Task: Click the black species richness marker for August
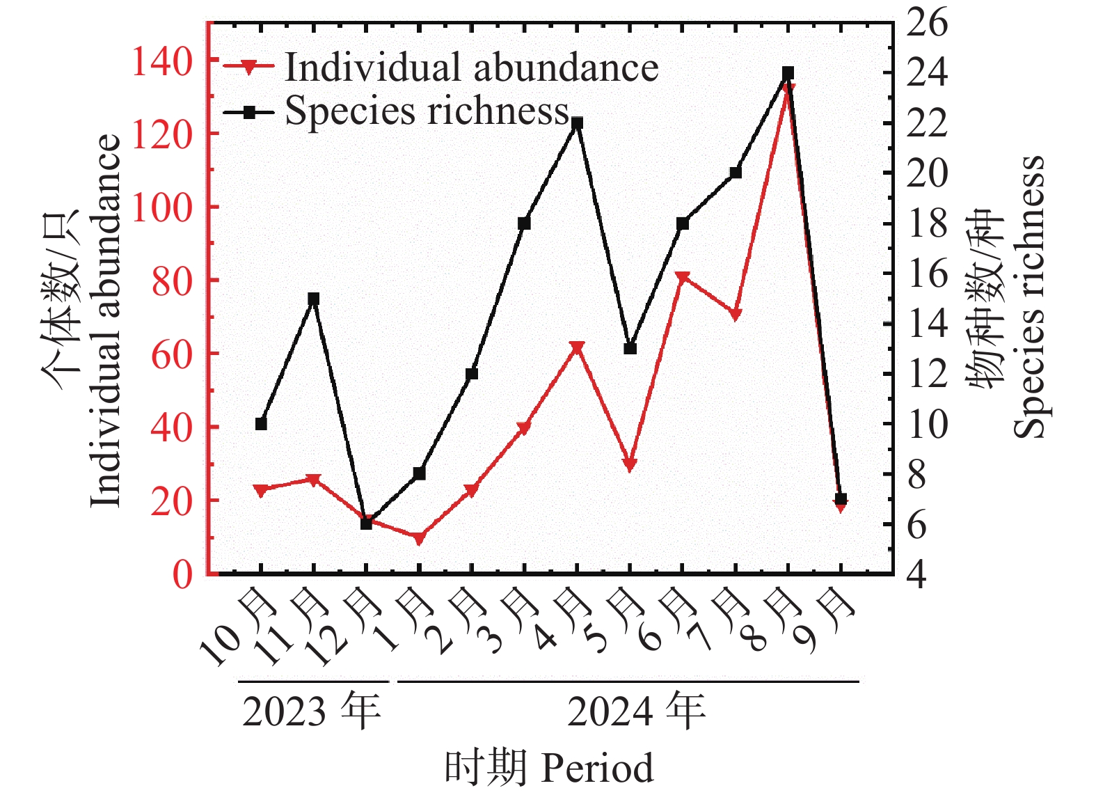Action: (788, 73)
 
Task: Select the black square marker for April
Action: (578, 123)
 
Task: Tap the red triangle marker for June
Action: (683, 278)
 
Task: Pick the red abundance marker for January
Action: (419, 538)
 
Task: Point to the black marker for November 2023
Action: (314, 299)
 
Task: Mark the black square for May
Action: (630, 349)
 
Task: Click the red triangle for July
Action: (736, 314)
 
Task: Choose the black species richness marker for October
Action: (261, 424)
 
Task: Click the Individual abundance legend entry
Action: (441, 67)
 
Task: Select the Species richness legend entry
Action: (397, 112)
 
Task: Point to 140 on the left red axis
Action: (161, 61)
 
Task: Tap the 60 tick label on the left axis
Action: (170, 354)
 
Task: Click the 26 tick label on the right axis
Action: (927, 22)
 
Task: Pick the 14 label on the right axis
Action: (927, 324)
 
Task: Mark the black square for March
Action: (524, 223)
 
